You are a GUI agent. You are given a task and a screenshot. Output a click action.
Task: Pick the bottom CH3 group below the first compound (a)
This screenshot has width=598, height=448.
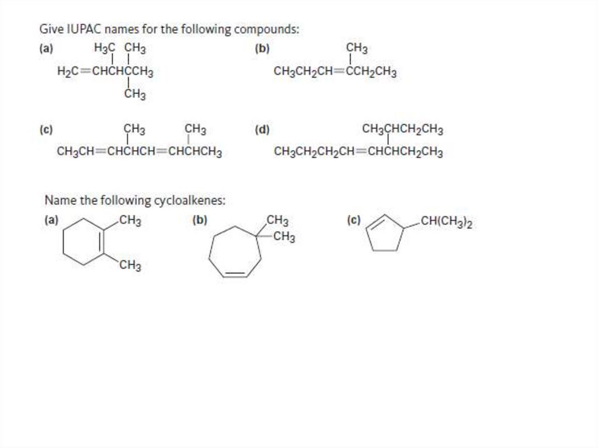click(135, 95)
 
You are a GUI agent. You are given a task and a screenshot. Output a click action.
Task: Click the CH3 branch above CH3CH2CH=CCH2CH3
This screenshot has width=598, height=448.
click(357, 48)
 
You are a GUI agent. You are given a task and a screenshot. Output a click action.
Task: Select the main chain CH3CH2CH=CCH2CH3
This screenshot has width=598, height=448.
click(335, 72)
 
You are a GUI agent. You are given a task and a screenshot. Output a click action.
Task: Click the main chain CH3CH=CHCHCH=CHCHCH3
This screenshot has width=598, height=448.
click(139, 153)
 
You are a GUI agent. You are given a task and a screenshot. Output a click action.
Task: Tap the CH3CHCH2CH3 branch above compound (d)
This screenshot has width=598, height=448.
click(402, 129)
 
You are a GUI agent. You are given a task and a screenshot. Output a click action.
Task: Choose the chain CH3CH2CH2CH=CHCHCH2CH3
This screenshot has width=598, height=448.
click(358, 153)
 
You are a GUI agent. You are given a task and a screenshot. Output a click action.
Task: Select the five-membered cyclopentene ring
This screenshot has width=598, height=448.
click(384, 234)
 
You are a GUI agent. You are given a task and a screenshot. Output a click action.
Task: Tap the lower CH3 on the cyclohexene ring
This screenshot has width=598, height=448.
click(130, 267)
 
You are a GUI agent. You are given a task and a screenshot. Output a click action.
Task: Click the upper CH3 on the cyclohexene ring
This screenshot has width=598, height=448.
click(130, 221)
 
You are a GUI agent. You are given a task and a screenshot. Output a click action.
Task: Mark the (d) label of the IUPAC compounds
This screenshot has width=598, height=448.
click(262, 130)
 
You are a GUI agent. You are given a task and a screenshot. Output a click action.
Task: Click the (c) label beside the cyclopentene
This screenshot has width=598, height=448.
click(353, 221)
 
